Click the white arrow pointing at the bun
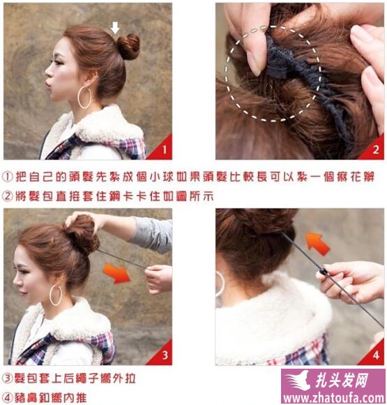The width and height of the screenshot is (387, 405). tap(115, 28)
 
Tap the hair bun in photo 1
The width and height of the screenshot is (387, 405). tap(129, 46)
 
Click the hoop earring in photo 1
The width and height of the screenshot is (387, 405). tap(84, 97)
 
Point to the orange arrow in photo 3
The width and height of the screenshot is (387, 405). tap(117, 274)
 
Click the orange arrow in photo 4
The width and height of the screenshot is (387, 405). tap(317, 243)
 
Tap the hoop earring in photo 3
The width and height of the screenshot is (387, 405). tap(56, 295)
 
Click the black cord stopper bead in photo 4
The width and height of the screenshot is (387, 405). tap(323, 272)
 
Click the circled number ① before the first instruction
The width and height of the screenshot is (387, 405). tap(8, 177)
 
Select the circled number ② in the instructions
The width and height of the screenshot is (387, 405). tap(8, 196)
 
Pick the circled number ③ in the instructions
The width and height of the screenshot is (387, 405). tap(8, 378)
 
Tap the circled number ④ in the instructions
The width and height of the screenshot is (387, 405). tap(8, 397)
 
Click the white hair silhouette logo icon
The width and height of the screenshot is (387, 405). tap(298, 380)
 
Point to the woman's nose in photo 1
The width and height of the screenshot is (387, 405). tap(48, 73)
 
